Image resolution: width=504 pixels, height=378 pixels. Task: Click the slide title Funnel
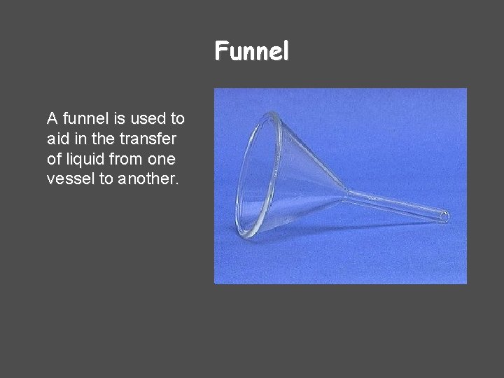point(251,51)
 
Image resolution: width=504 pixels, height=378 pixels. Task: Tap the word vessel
point(69,178)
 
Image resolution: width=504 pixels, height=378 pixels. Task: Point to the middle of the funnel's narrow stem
point(395,204)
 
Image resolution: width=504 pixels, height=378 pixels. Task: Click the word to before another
point(106,178)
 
